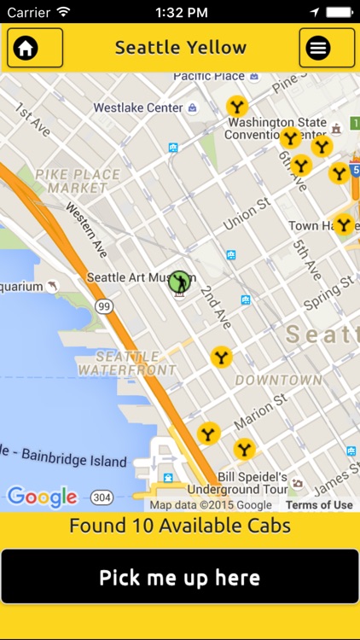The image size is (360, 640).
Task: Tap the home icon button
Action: tap(35, 48)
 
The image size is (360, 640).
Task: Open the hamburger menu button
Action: tap(327, 48)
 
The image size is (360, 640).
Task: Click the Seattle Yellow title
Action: tap(181, 48)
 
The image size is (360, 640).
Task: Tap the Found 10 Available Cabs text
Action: tap(180, 526)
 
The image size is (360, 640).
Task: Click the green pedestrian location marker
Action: tap(178, 281)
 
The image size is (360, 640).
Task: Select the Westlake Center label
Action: tap(138, 108)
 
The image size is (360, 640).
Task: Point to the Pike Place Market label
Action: tap(78, 181)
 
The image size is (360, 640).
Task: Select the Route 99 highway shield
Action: tap(104, 306)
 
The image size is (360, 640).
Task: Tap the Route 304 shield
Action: tap(102, 497)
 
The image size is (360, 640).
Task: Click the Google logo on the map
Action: tap(42, 497)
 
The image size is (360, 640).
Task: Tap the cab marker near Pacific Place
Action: tap(237, 107)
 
